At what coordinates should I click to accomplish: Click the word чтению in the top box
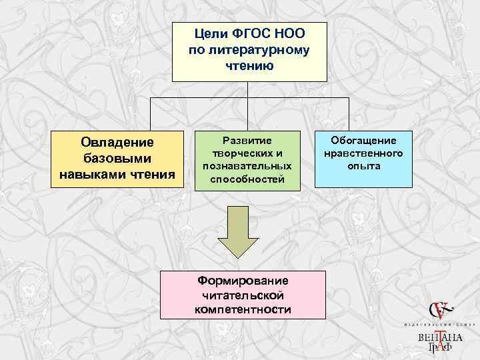[x=249, y=67]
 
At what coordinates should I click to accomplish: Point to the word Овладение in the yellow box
[x=117, y=143]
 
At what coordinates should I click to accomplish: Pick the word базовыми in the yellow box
[x=117, y=159]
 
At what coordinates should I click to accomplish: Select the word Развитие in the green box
[x=247, y=140]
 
